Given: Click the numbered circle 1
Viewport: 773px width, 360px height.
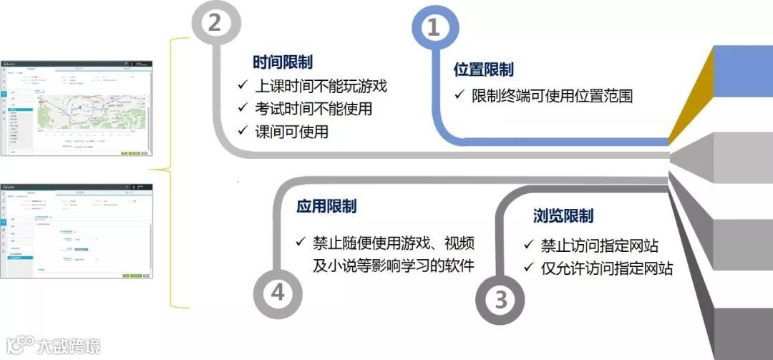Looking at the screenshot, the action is tap(434, 28).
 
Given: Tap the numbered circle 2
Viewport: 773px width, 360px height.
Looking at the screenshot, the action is tap(214, 24).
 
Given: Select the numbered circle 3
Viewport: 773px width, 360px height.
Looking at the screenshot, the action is tap(500, 299).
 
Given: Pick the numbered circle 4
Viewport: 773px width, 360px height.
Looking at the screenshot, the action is tap(278, 293).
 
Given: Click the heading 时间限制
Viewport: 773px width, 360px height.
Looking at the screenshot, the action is tap(283, 62).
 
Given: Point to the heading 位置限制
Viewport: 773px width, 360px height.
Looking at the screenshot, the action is tap(484, 69).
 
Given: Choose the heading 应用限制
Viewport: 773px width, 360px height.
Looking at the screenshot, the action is tap(326, 207).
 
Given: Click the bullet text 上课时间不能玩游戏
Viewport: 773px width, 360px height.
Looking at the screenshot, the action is tap(320, 87).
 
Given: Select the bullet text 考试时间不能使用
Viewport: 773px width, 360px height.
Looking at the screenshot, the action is tap(313, 110).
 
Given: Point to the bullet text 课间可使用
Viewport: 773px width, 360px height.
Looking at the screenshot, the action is tap(291, 132).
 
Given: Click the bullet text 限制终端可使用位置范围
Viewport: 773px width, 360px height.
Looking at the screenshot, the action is tap(552, 96).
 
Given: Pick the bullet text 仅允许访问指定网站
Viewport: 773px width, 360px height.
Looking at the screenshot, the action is tap(607, 268).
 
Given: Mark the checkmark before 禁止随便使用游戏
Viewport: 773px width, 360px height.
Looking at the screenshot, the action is tap(301, 240).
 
